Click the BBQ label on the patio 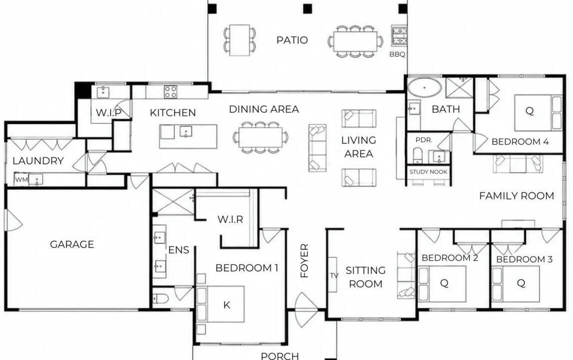pos(397,54)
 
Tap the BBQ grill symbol pos(399,35)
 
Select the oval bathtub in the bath pos(424,88)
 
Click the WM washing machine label pos(21,179)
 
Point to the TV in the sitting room pos(332,274)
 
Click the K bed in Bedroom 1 pos(220,304)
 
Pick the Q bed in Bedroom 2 pos(442,283)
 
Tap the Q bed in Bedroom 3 pos(515,283)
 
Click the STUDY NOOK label pos(428,172)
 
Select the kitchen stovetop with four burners pos(170,91)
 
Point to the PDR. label pos(424,140)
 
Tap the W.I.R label pos(230,219)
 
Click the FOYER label pos(304,260)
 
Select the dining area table pos(260,137)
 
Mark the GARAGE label pos(72,244)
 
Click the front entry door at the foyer pos(305,309)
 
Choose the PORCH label pos(280,355)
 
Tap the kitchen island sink pos(186,132)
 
